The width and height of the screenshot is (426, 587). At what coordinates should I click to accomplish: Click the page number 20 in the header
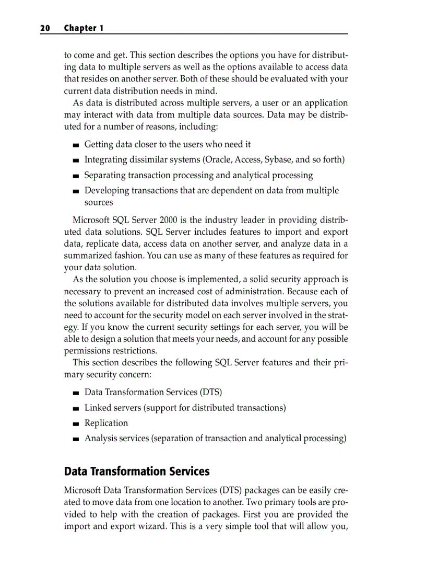tap(44, 28)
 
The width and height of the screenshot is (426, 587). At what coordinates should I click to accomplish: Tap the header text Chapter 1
tap(84, 28)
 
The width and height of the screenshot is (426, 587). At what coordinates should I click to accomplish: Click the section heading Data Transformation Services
tap(136, 471)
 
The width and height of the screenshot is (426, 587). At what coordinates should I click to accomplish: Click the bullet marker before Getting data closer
tap(76, 145)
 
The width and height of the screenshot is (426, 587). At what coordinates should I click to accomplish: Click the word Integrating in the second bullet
tap(106, 159)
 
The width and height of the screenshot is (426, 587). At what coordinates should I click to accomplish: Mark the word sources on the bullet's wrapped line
tap(99, 202)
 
